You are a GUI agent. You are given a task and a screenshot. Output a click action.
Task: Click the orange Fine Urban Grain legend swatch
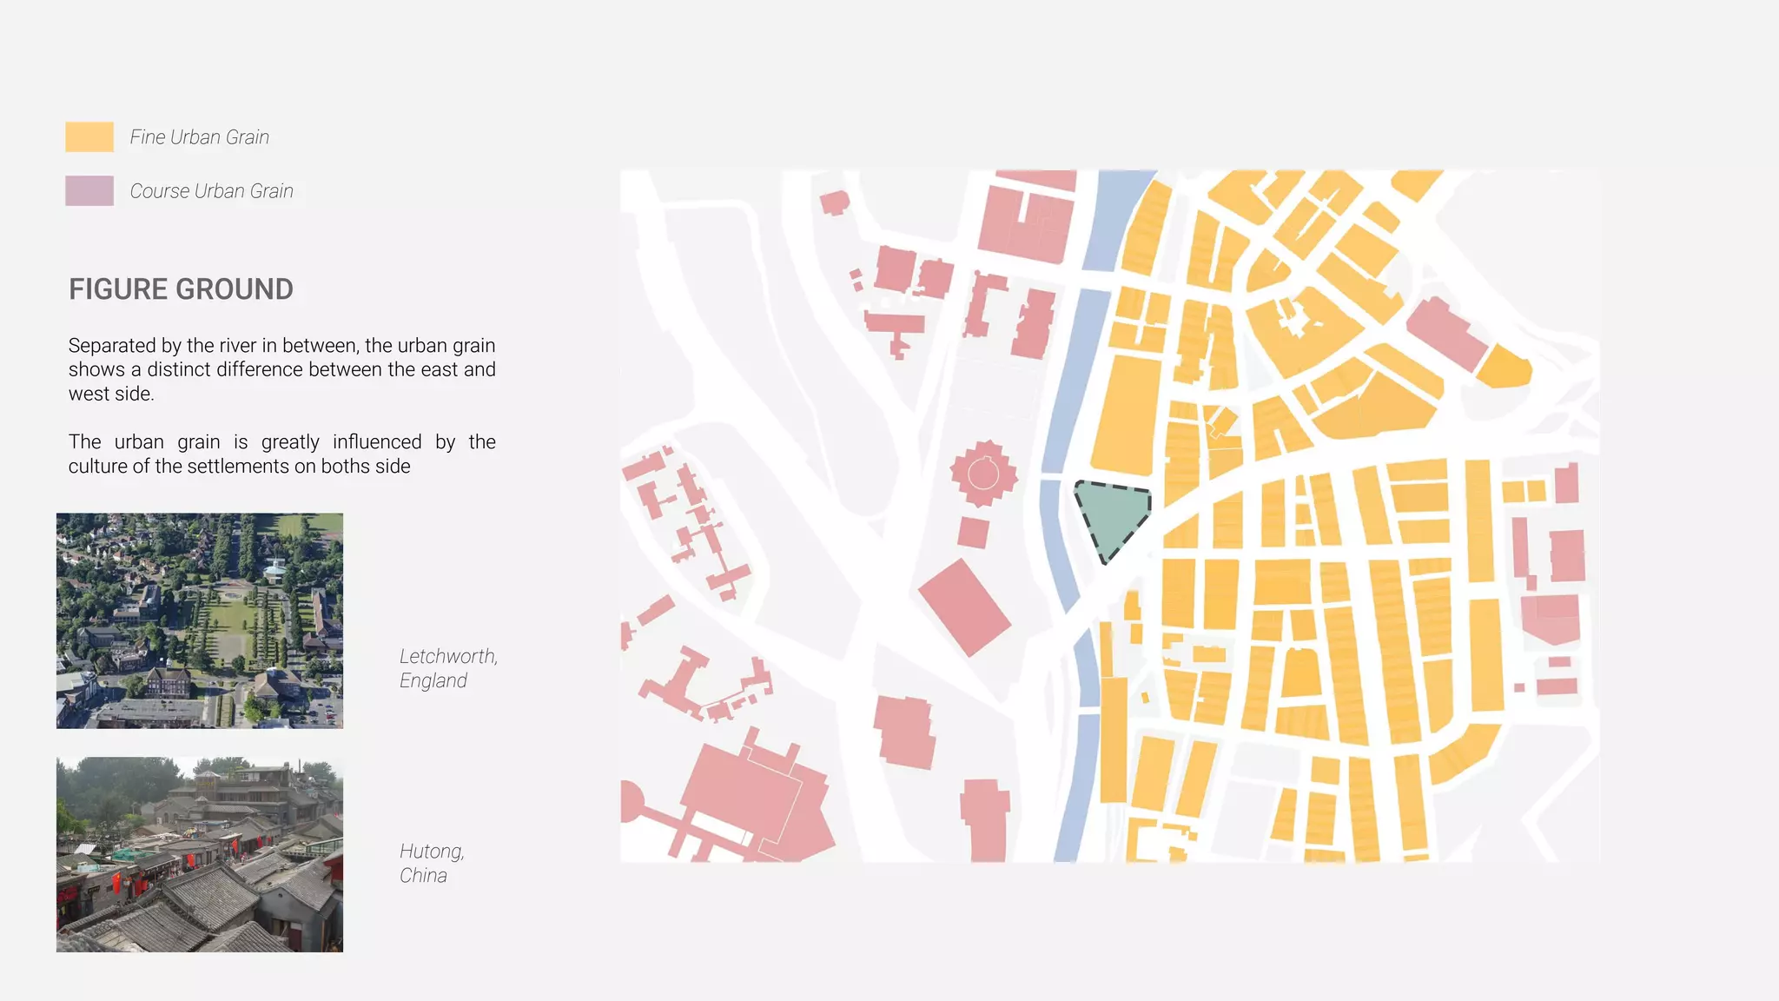click(89, 137)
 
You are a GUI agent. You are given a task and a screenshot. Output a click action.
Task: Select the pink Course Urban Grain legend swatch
click(89, 191)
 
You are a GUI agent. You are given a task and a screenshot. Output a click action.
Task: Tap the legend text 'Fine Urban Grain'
click(200, 137)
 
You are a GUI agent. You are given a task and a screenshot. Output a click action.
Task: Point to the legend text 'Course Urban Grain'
click(212, 191)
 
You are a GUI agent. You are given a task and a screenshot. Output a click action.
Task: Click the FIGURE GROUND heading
click(181, 289)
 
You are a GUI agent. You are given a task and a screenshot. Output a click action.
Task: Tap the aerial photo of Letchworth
click(200, 620)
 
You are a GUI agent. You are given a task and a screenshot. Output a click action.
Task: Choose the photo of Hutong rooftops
click(200, 855)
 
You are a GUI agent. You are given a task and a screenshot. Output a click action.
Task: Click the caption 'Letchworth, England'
click(448, 668)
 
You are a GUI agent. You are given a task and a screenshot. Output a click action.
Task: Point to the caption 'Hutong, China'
click(432, 863)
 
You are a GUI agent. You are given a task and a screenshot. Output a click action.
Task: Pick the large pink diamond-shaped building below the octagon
click(964, 607)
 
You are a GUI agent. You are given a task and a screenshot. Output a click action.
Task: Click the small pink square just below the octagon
click(973, 532)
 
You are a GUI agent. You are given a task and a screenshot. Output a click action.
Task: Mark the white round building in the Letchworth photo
click(274, 570)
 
